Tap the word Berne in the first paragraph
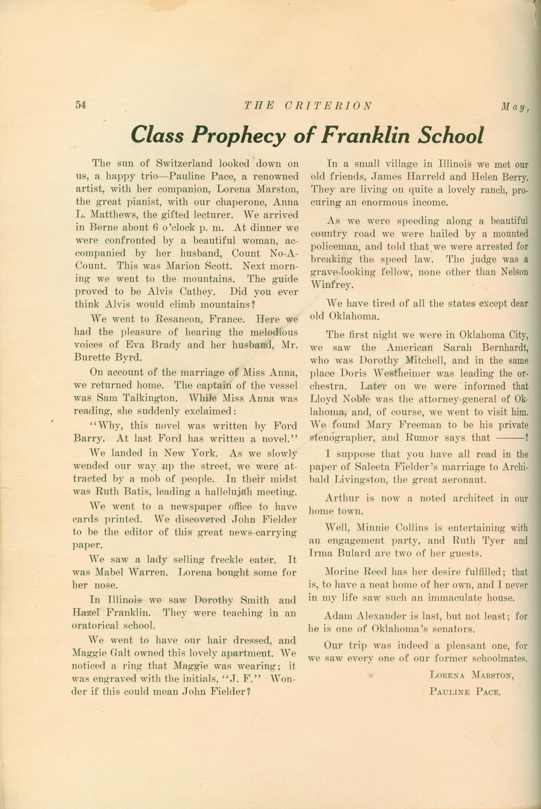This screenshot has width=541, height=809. pyautogui.click(x=102, y=228)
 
